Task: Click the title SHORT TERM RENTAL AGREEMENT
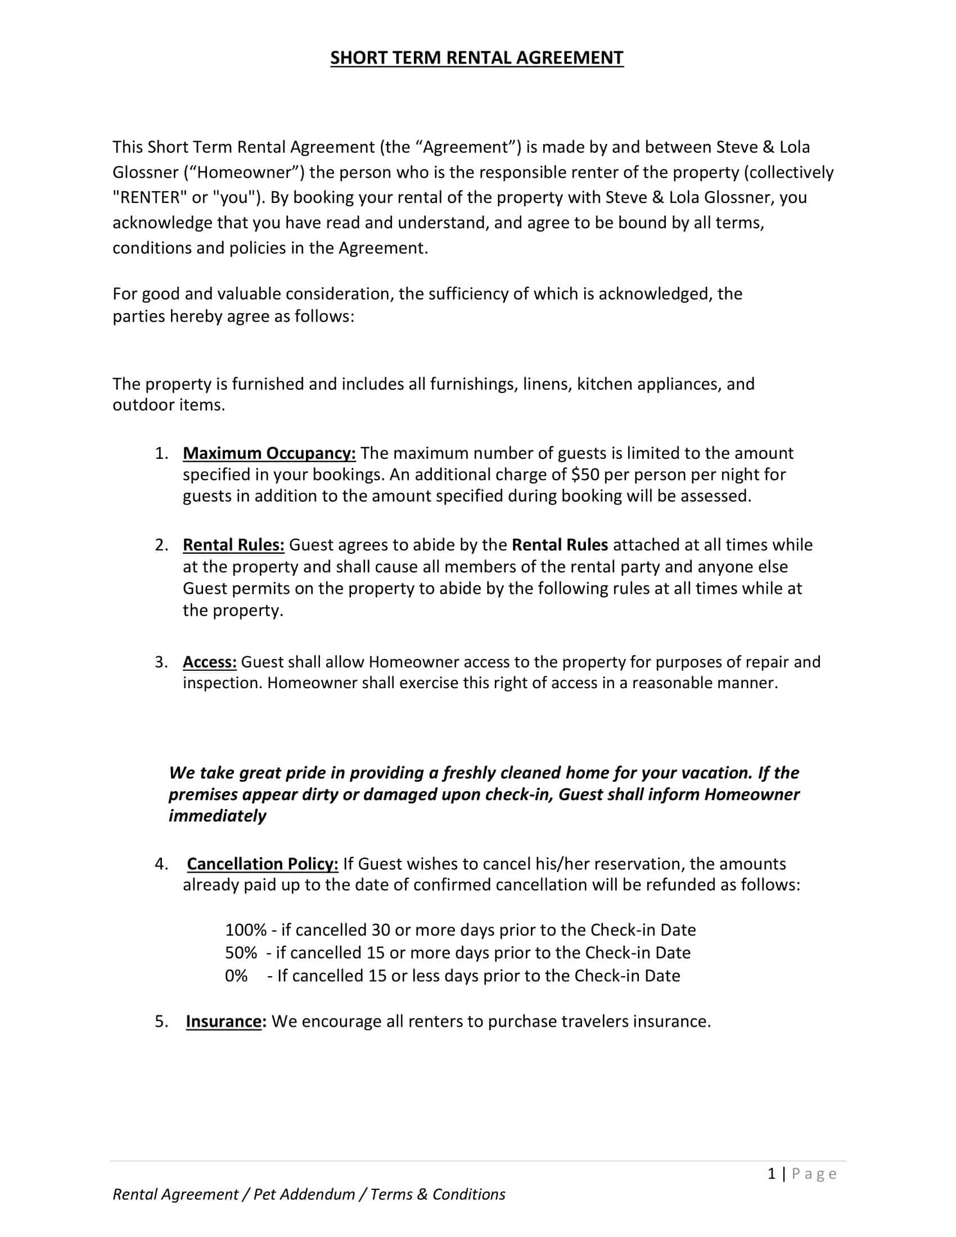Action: coord(476,58)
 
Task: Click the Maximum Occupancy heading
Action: coord(269,453)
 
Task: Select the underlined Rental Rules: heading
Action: coord(233,545)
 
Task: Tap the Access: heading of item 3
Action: coord(210,662)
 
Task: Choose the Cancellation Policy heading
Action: coord(263,864)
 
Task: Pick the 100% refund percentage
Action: coord(246,930)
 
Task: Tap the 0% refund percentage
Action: coord(236,976)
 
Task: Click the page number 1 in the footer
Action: coord(772,1174)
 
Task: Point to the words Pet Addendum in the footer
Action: coord(304,1194)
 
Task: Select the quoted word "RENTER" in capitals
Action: coord(146,197)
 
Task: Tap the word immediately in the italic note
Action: coord(218,816)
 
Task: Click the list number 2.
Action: coord(161,545)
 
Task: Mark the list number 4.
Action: coord(161,864)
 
